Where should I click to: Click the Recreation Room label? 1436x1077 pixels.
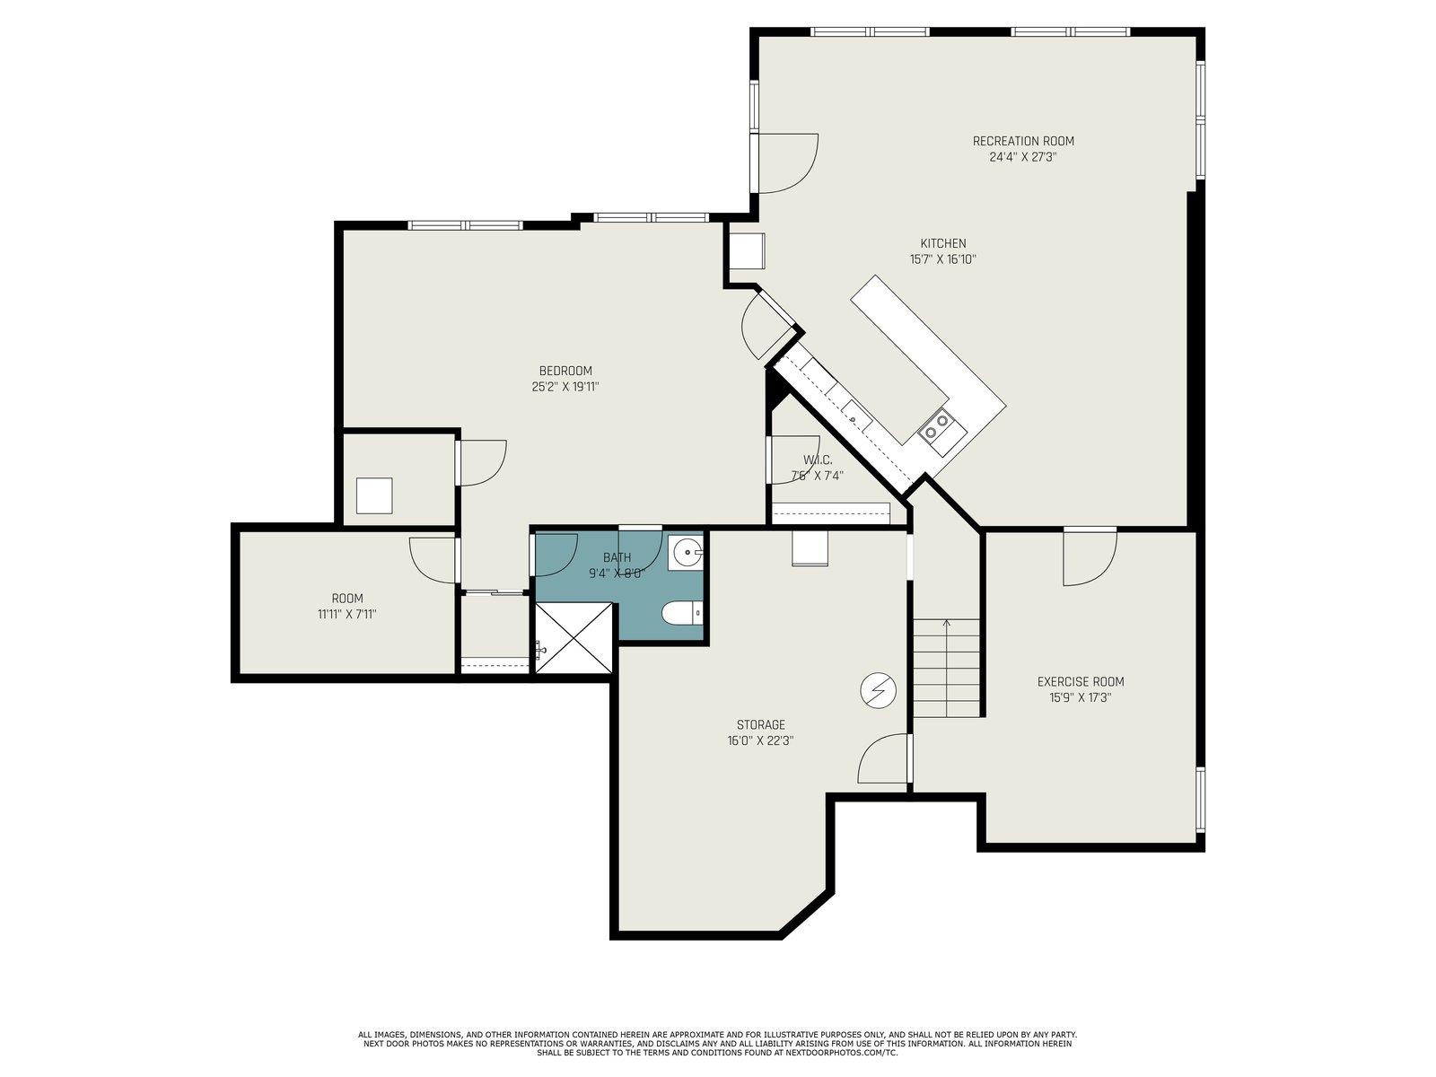pyautogui.click(x=1023, y=141)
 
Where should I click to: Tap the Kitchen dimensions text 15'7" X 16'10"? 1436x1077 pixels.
pyautogui.click(x=942, y=259)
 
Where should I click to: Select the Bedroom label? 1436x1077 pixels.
pyautogui.click(x=565, y=371)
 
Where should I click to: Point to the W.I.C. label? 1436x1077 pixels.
pyautogui.click(x=817, y=460)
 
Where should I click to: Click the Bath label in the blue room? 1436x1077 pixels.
pyautogui.click(x=617, y=557)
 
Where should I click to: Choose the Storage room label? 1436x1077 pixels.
pyautogui.click(x=760, y=724)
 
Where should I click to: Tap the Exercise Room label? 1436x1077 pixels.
pyautogui.click(x=1080, y=682)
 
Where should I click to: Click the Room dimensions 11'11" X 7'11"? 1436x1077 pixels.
pyautogui.click(x=346, y=615)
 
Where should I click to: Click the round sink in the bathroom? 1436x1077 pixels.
pyautogui.click(x=687, y=553)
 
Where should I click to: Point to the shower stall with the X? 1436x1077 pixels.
pyautogui.click(x=574, y=638)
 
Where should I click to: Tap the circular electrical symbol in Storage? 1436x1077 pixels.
pyautogui.click(x=878, y=690)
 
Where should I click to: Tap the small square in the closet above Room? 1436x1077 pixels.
pyautogui.click(x=374, y=495)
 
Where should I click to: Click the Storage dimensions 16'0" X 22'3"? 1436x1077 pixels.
pyautogui.click(x=760, y=741)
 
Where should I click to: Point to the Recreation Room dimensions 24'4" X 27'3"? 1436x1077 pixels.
pyautogui.click(x=1023, y=157)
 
